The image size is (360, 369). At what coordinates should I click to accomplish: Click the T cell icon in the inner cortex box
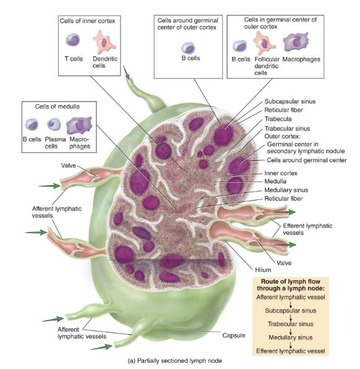73,41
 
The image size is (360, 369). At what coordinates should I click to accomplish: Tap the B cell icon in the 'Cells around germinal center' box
187,47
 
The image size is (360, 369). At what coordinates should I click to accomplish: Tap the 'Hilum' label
263,269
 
